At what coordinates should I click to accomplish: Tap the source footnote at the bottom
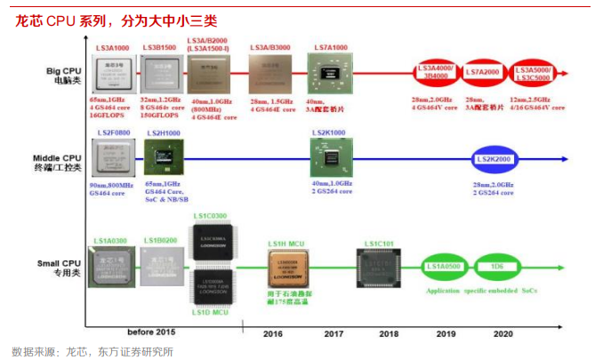click(93, 351)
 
